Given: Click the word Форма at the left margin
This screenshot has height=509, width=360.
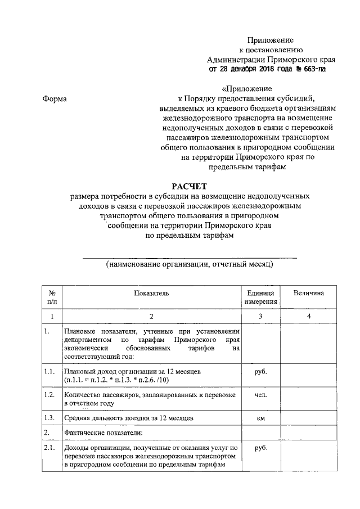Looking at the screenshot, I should (55, 99).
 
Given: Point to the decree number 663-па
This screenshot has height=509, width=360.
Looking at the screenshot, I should (310, 69).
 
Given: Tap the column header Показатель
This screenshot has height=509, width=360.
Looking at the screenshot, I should (151, 293).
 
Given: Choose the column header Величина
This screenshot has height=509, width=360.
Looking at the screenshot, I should (309, 293).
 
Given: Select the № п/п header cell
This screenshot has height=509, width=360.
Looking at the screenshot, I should (52, 298).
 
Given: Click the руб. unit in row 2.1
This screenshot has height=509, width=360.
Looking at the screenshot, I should (260, 448).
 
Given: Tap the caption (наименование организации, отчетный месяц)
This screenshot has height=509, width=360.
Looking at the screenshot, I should (190, 264).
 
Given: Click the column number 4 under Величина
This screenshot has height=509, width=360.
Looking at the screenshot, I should (309, 317).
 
